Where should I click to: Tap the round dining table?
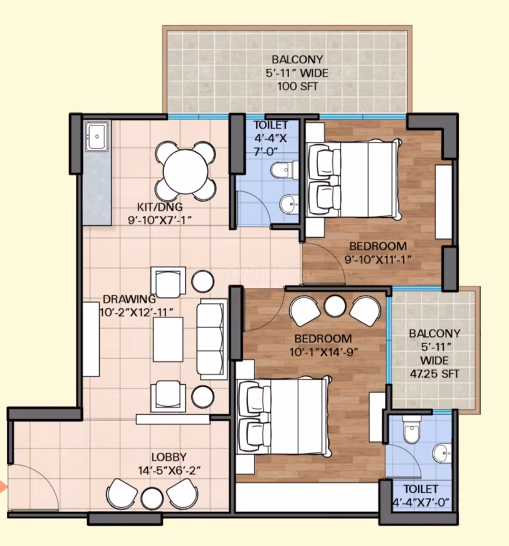[186, 172]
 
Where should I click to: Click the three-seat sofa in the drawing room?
[211, 339]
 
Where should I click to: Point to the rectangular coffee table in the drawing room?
[168, 340]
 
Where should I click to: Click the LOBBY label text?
[169, 457]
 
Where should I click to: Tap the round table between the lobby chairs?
[152, 498]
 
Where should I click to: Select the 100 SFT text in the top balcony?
[298, 87]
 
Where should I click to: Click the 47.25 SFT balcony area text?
[434, 373]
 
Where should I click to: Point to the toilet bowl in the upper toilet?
[285, 170]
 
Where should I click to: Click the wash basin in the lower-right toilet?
[442, 454]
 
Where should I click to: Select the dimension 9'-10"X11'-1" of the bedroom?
[378, 260]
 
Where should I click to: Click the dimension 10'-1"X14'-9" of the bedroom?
[323, 352]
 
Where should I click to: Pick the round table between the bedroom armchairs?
[335, 306]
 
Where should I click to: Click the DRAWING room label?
[129, 299]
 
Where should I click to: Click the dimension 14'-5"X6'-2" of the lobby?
[169, 471]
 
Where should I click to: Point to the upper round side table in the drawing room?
[202, 281]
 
